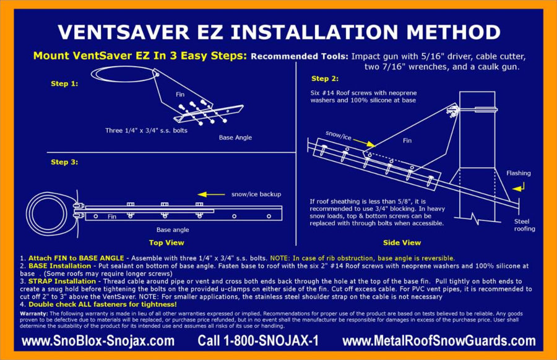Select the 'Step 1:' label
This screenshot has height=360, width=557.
64,83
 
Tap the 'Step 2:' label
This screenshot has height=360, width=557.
324,79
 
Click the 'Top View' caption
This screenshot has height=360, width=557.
166,242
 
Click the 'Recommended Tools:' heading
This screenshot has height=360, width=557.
300,56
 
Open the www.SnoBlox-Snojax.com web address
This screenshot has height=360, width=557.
98,341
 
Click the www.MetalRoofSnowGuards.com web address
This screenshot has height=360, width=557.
438,341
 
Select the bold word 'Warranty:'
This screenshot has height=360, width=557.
35,314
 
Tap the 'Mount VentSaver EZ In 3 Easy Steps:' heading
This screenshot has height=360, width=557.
140,56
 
